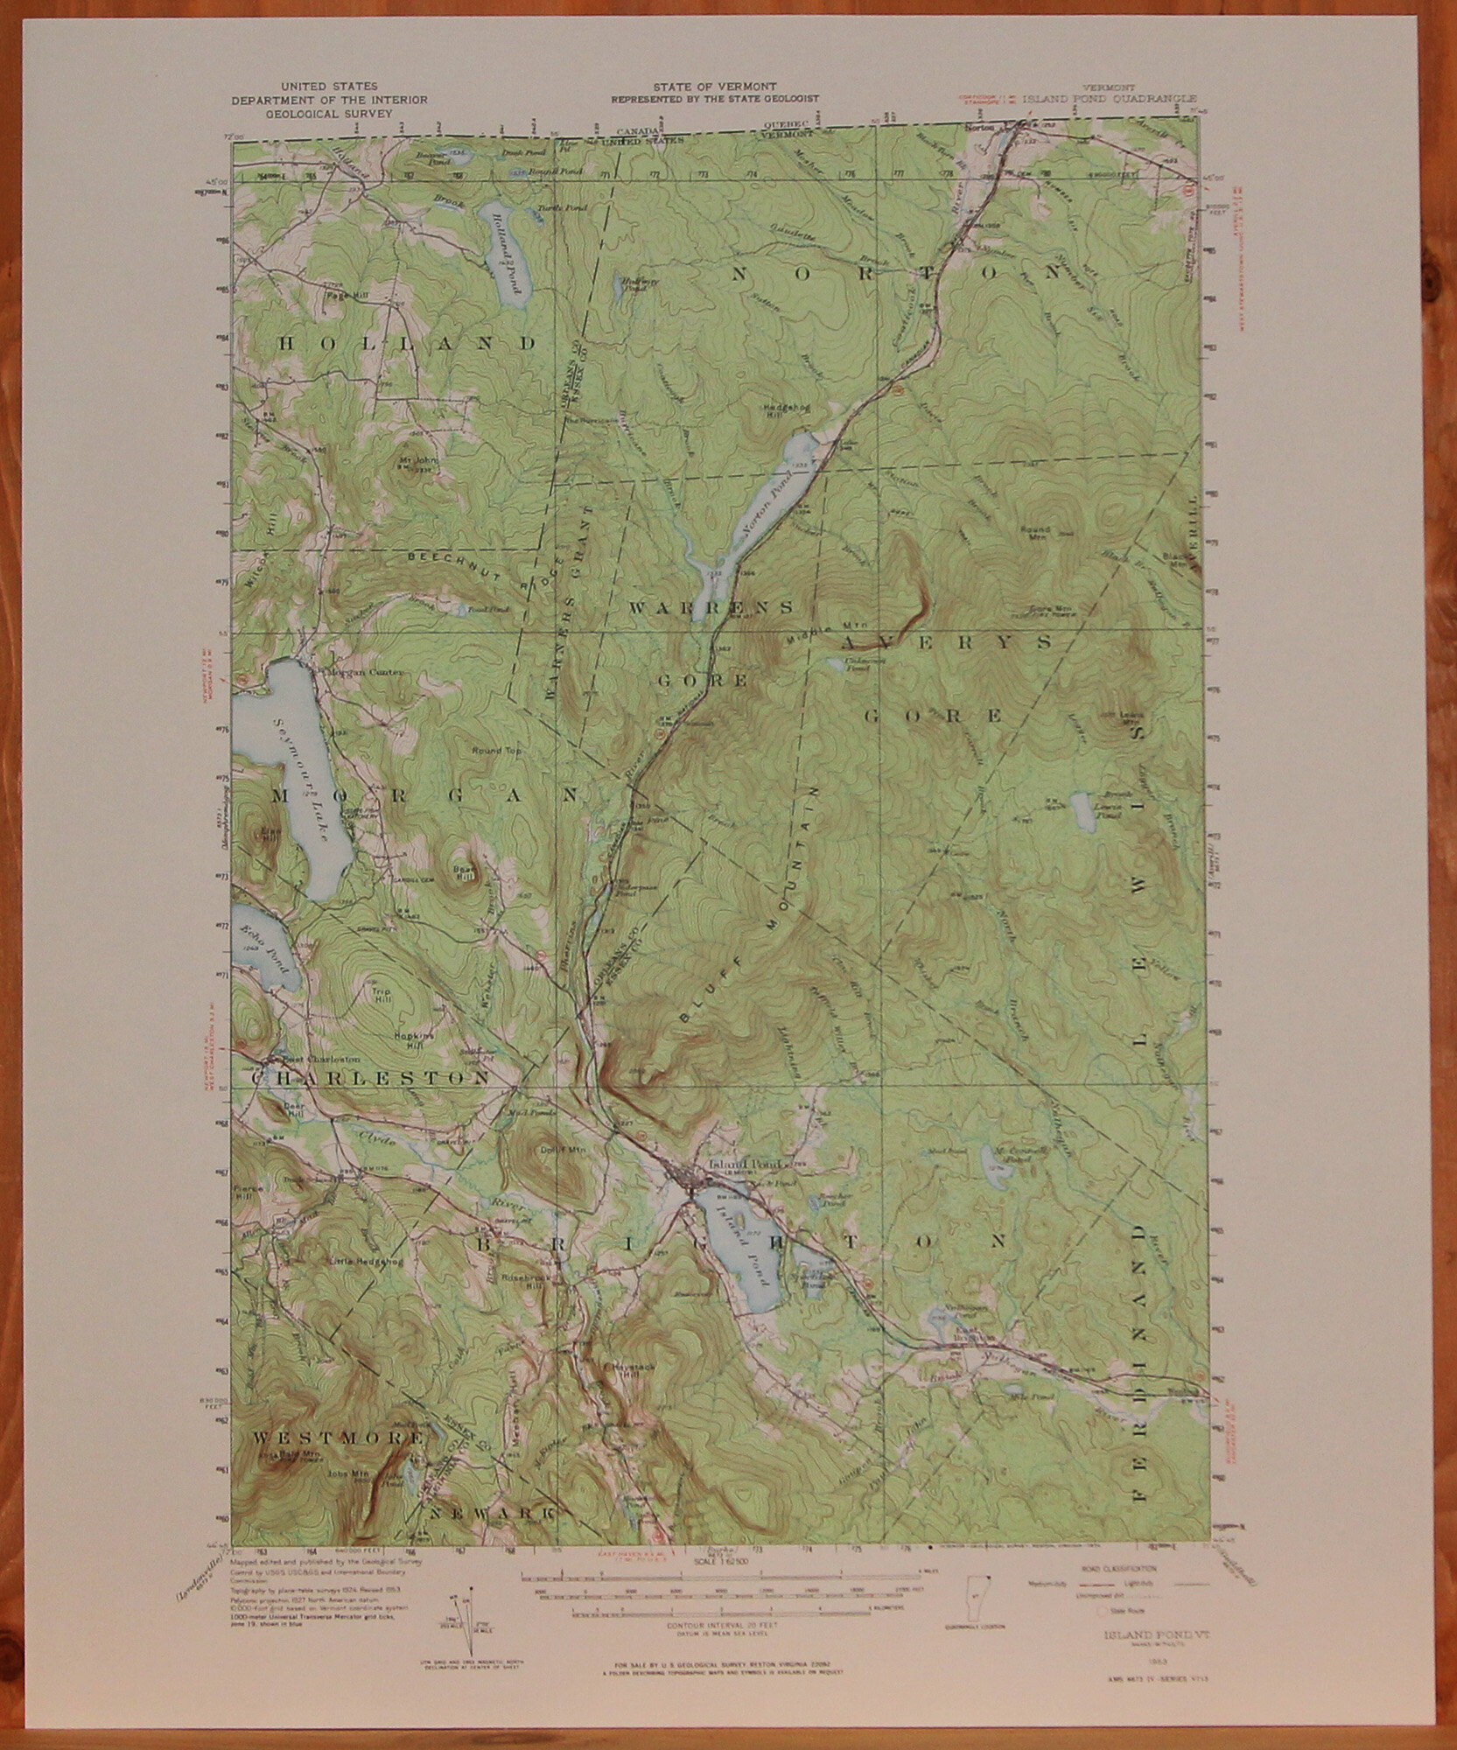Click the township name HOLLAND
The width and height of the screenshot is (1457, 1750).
coord(406,344)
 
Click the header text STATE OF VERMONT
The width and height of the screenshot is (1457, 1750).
coord(714,87)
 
